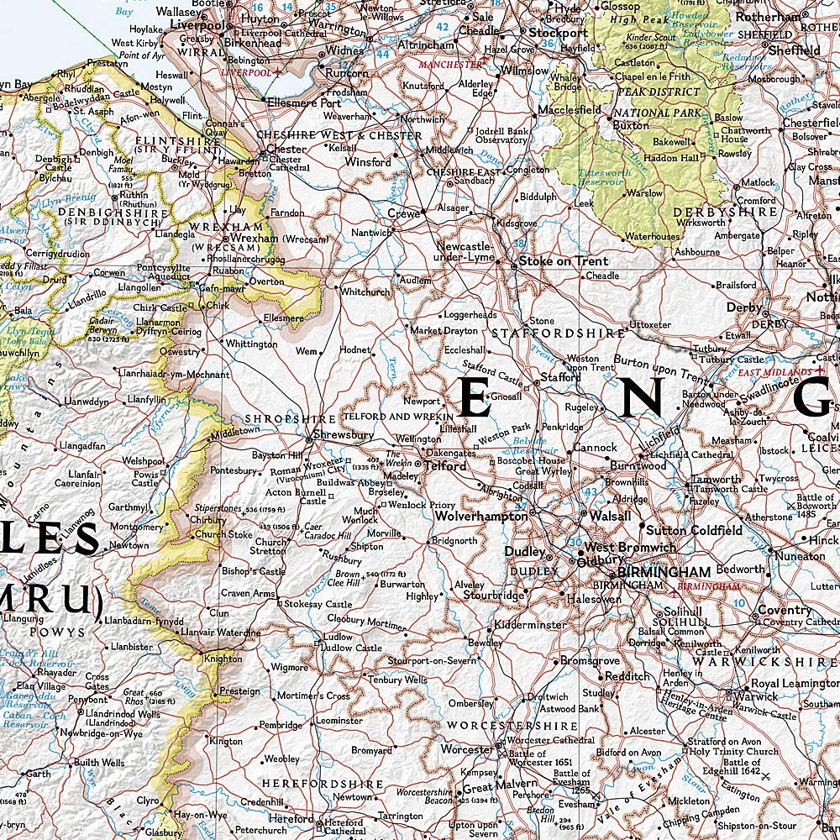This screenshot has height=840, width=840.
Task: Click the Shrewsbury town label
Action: click(x=344, y=435)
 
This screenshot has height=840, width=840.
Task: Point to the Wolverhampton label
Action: click(x=480, y=517)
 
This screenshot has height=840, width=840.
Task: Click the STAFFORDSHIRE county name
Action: click(x=558, y=333)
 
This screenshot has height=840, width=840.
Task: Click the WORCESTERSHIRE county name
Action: click(x=512, y=725)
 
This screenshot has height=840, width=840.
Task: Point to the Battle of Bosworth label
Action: click(x=816, y=502)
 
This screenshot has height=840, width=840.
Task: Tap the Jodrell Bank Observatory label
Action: click(x=501, y=136)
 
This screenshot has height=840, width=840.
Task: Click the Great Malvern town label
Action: click(x=490, y=788)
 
